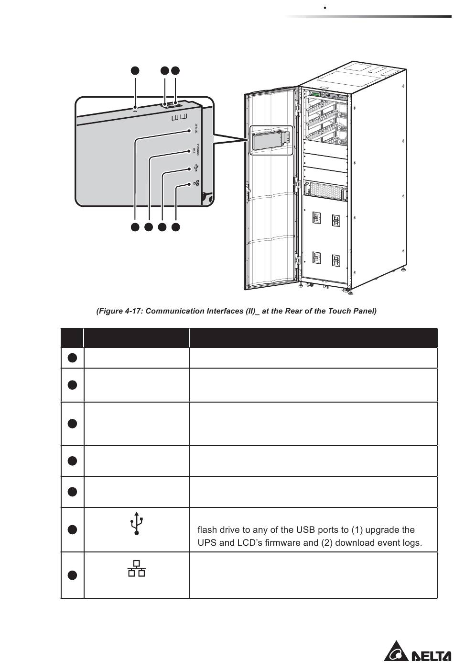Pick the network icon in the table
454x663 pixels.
click(137, 568)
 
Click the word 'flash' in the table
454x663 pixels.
click(207, 530)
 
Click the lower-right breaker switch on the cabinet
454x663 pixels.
click(336, 259)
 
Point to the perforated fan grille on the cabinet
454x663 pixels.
click(325, 190)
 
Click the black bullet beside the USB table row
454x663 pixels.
click(72, 529)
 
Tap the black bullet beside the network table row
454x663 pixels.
click(72, 575)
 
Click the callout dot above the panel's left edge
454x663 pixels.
click(135, 70)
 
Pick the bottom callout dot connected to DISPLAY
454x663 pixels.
click(135, 227)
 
